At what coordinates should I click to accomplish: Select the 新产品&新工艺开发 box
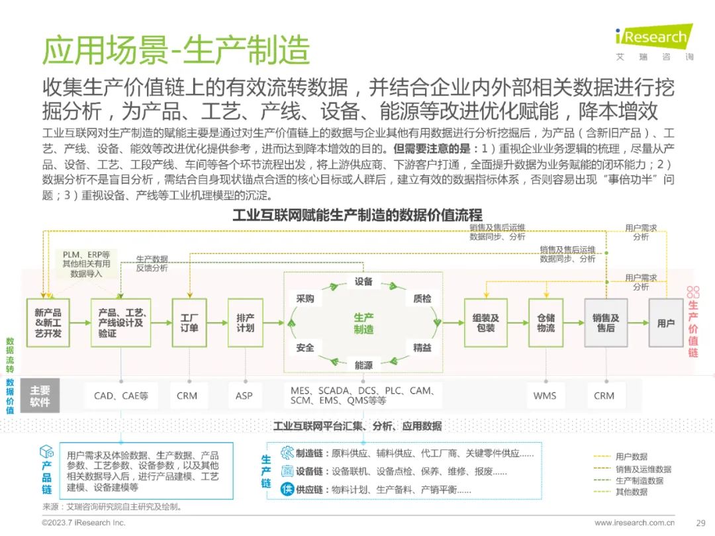point(48,323)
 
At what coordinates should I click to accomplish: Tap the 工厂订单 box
point(189,323)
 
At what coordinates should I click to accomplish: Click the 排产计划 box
point(246,323)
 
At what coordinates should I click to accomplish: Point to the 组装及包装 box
point(486,323)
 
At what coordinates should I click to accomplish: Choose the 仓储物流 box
point(546,323)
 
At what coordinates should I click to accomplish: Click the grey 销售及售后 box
point(606,323)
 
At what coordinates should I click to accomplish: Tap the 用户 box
point(666,323)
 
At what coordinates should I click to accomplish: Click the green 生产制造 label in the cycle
point(363,323)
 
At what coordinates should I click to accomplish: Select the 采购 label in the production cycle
point(305,298)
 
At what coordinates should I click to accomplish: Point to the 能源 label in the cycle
point(363,365)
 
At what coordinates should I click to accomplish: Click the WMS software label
point(545,396)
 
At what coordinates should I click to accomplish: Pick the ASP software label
point(244,396)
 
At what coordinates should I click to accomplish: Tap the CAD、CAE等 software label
point(121,396)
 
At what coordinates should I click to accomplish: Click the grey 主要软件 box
point(40,396)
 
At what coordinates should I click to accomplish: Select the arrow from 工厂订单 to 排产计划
point(218,323)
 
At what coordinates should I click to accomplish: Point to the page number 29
point(701,523)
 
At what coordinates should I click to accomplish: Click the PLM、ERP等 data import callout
point(86,264)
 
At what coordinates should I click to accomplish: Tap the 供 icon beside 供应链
point(287,490)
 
